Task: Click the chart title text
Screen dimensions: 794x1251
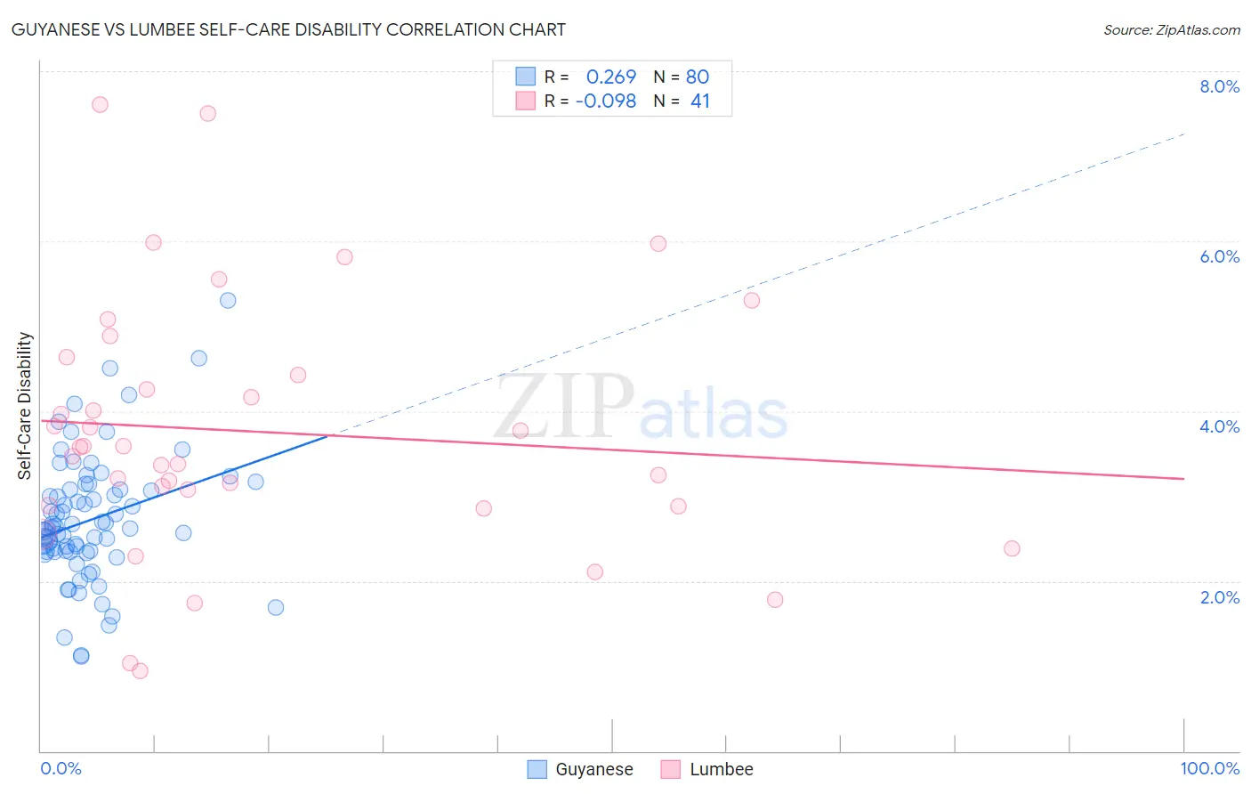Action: (x=288, y=29)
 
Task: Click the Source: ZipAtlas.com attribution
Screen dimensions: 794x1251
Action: (x=1171, y=30)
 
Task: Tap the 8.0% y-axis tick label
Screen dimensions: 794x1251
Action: (x=1219, y=86)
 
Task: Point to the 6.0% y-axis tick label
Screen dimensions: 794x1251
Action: (x=1219, y=256)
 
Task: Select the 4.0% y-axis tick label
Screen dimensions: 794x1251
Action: (x=1219, y=426)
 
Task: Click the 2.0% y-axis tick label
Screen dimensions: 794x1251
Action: (x=1219, y=597)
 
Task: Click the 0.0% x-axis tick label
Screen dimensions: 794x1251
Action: (x=61, y=768)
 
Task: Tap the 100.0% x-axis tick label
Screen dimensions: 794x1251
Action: (x=1209, y=768)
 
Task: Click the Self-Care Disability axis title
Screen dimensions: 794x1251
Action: (x=25, y=406)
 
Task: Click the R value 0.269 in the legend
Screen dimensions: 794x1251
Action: (x=611, y=77)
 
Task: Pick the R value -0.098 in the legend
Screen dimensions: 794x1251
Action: (x=606, y=101)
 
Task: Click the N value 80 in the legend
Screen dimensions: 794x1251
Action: (x=698, y=77)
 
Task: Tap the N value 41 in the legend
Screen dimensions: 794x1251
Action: (x=700, y=101)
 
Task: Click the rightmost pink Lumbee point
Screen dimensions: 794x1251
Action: (x=1012, y=548)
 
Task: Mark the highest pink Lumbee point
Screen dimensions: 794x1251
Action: (x=100, y=104)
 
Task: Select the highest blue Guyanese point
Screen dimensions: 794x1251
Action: (x=228, y=300)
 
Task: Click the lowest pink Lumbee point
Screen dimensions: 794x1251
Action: (x=140, y=671)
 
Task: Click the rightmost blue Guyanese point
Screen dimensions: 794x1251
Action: (x=276, y=607)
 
